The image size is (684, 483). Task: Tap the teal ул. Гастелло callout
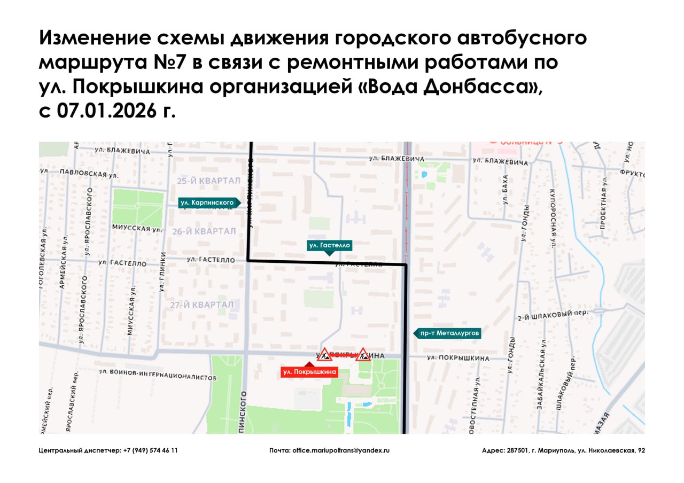coord(330,245)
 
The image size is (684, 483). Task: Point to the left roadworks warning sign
coord(325,354)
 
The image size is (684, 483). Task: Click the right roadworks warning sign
coord(363,354)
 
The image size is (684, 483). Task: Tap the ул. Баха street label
coord(505,191)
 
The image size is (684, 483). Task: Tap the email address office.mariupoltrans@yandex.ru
coord(341,450)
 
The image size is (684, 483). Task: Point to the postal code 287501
coord(518,450)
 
